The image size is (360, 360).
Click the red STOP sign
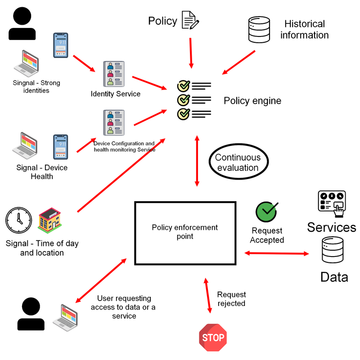212,337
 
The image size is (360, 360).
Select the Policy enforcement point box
185,233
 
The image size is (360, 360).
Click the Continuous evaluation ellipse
238,162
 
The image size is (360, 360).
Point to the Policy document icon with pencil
190,21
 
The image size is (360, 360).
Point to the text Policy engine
252,101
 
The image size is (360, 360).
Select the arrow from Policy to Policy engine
191,53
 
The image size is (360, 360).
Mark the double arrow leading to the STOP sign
208,295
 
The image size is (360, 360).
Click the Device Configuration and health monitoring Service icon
114,122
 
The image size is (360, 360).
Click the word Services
331,227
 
